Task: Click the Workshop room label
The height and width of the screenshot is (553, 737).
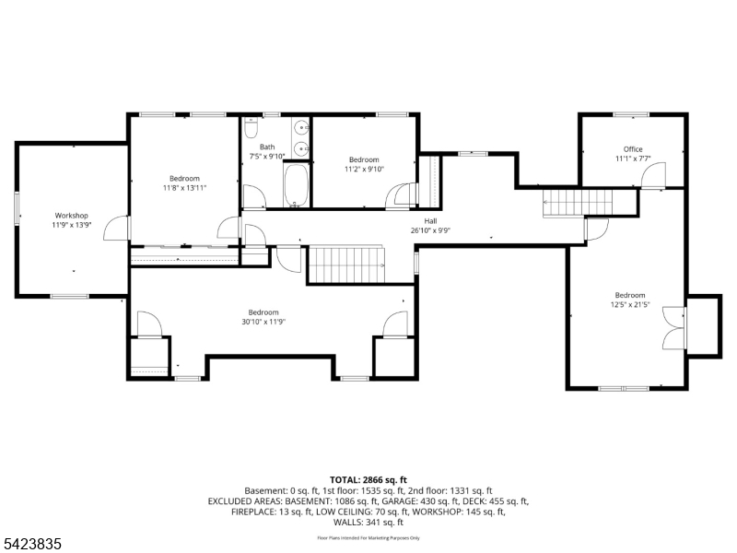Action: [72, 216]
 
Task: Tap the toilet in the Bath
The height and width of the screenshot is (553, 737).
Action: [252, 127]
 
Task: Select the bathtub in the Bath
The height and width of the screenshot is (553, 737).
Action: [296, 185]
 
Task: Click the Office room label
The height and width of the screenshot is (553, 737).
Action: [633, 149]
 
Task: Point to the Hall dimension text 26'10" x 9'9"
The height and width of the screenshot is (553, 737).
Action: [430, 230]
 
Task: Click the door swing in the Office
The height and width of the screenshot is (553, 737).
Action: [654, 175]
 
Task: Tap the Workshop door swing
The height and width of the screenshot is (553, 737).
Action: [116, 229]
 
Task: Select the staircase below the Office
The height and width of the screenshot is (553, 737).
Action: [578, 203]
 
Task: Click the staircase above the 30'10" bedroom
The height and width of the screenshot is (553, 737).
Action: [347, 265]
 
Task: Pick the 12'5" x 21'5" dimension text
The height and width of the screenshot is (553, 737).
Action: [630, 305]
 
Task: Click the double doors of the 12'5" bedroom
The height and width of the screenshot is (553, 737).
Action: [674, 328]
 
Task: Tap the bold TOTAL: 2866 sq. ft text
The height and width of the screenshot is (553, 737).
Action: [368, 480]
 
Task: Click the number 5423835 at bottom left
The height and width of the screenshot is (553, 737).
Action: [31, 544]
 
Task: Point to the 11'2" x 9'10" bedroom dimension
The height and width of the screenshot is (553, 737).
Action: [364, 170]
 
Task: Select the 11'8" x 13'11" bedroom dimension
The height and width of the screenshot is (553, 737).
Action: [185, 188]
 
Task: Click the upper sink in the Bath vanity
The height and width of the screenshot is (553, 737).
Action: [300, 127]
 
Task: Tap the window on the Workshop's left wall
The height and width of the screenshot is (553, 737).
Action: [18, 206]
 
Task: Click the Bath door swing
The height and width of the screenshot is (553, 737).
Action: [254, 197]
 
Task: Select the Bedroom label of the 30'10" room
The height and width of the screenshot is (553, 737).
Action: [263, 312]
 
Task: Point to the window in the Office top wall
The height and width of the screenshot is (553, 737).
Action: [631, 114]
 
